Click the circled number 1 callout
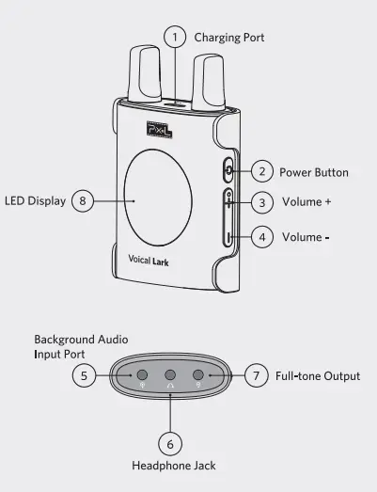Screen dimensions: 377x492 (x=175, y=37)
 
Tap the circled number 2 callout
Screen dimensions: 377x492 (x=262, y=171)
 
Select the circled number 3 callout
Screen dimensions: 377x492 (x=262, y=202)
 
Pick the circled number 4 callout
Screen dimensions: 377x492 (x=262, y=237)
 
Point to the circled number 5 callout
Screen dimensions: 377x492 (x=84, y=375)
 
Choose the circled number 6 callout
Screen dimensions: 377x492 (x=170, y=444)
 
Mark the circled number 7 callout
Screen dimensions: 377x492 (x=257, y=375)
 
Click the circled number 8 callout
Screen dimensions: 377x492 (x=83, y=200)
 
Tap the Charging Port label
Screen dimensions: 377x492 (x=229, y=38)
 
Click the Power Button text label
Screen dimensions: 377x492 (x=314, y=172)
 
